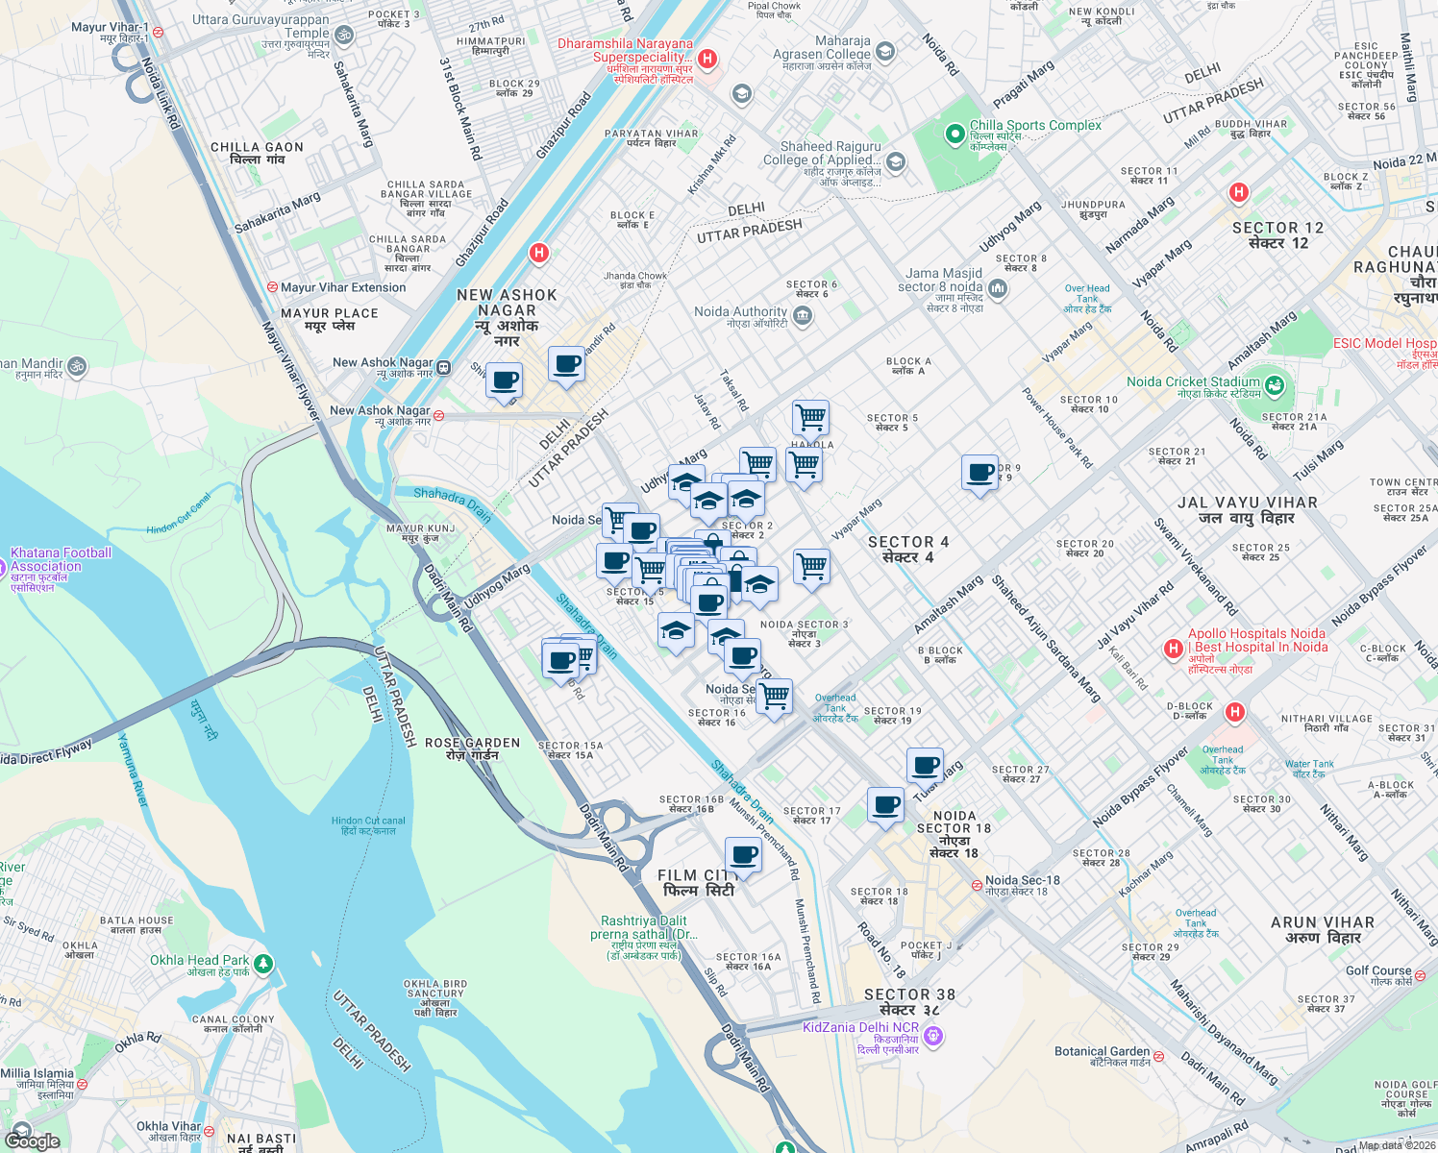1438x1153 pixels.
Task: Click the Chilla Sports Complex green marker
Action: tap(955, 135)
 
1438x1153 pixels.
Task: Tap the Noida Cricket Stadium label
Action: tap(1192, 381)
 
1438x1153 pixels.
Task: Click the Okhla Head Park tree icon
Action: tap(263, 962)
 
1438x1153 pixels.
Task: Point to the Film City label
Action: tap(698, 883)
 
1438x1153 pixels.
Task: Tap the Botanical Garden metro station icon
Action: tap(1158, 1056)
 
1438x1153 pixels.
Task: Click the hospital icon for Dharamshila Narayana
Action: tap(707, 59)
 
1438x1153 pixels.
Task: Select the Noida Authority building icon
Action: tap(804, 316)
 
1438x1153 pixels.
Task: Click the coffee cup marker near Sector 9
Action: tap(979, 474)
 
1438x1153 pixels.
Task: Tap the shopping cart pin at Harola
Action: tap(810, 418)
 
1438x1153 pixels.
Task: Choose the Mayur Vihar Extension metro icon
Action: tap(273, 287)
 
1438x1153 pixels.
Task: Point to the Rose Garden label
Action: tap(472, 748)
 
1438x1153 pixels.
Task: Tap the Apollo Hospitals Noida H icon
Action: tap(1173, 649)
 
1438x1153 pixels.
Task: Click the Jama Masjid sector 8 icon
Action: tap(998, 288)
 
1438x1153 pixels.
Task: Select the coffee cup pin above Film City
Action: tap(743, 855)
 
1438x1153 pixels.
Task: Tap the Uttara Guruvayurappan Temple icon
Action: tap(343, 36)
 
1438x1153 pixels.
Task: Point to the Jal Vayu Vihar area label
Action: tap(1248, 509)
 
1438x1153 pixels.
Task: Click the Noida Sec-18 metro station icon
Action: tap(977, 885)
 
